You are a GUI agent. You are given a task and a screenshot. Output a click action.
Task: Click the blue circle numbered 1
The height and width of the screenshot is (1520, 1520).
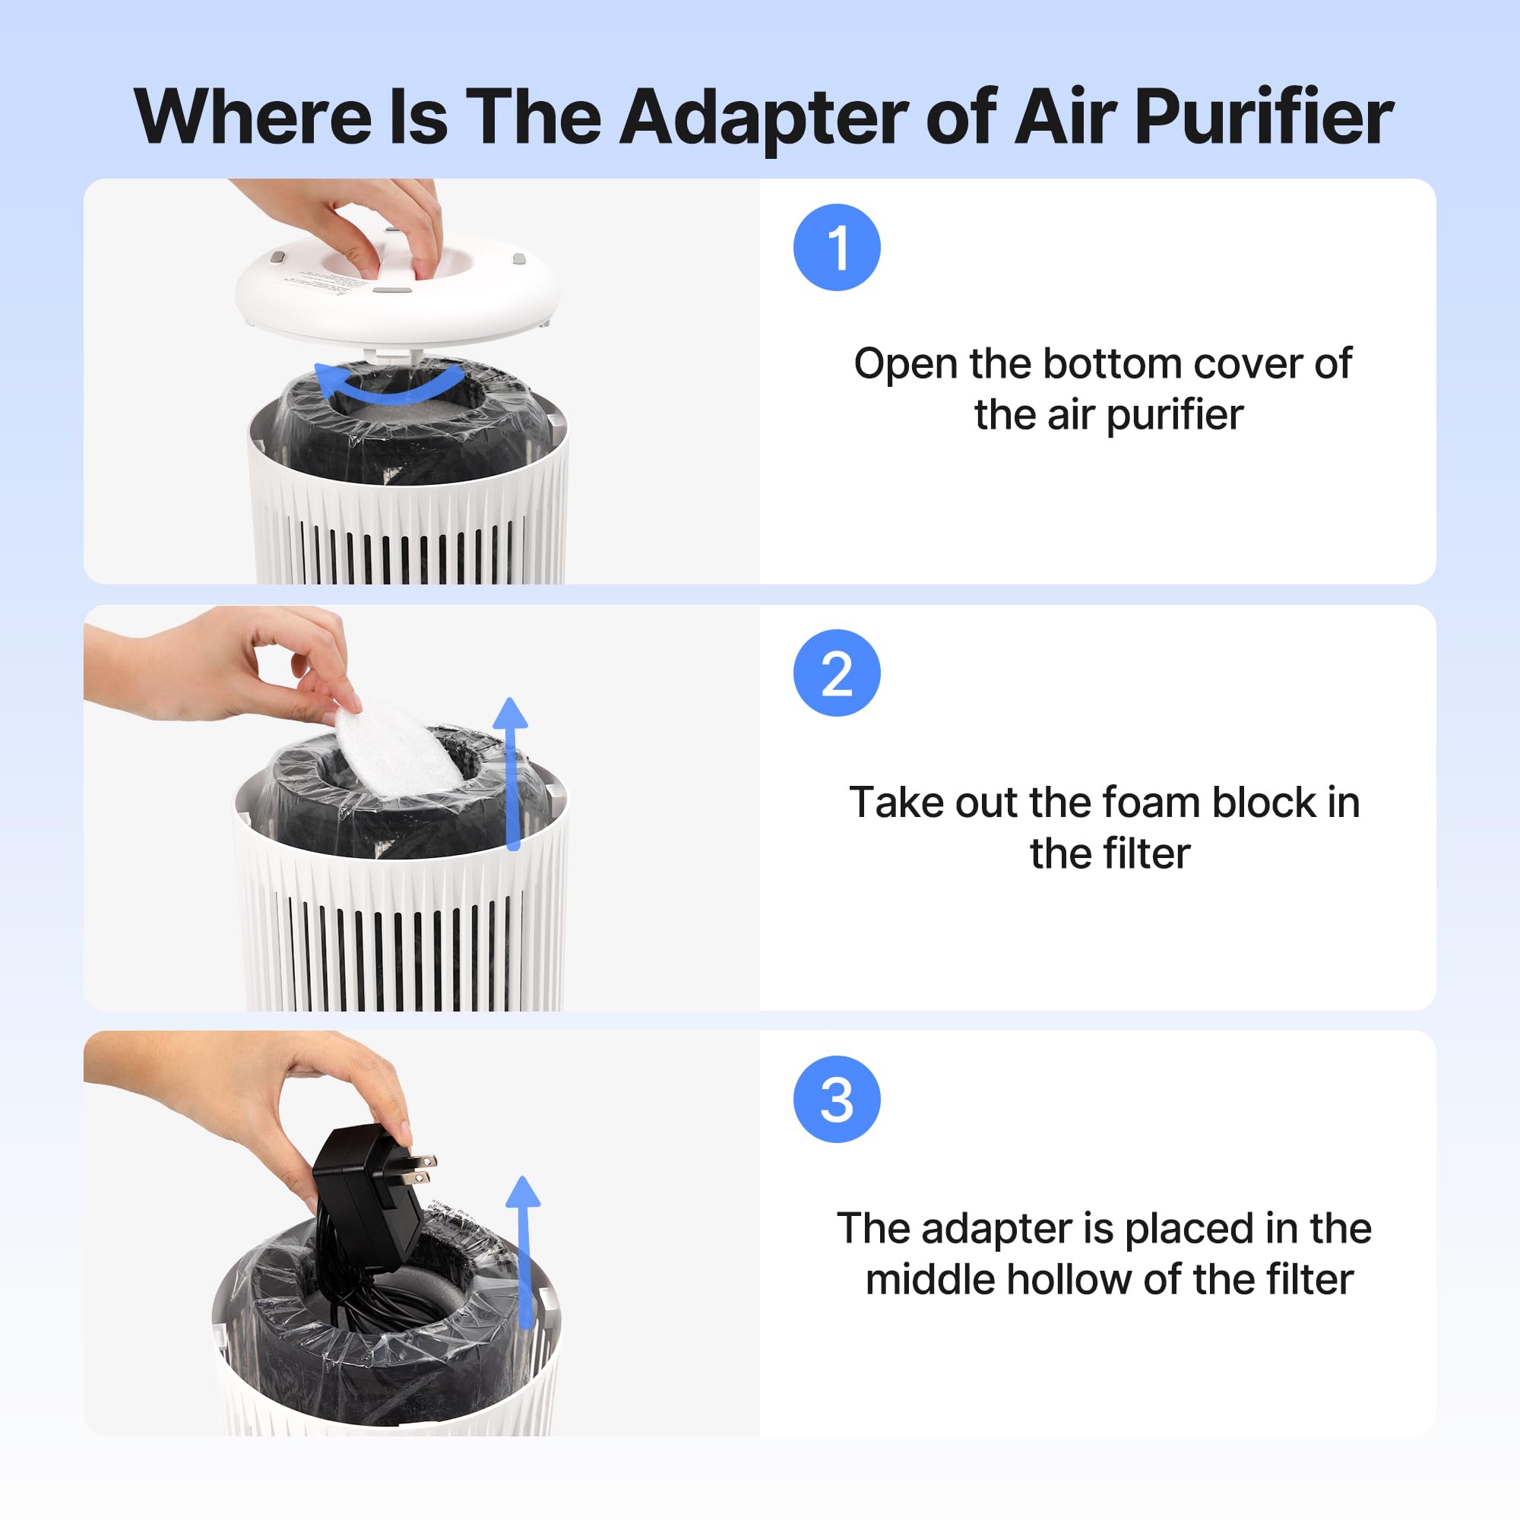[836, 247]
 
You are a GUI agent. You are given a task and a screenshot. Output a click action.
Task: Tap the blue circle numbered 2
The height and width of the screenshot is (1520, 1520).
[836, 673]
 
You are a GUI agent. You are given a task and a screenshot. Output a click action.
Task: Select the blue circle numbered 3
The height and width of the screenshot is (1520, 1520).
[836, 1099]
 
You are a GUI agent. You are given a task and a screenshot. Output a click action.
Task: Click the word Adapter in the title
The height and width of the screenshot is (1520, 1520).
[763, 118]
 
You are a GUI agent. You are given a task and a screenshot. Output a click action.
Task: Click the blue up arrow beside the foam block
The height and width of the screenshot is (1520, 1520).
[512, 771]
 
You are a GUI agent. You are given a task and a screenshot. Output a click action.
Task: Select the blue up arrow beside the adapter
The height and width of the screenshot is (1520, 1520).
[524, 1251]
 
